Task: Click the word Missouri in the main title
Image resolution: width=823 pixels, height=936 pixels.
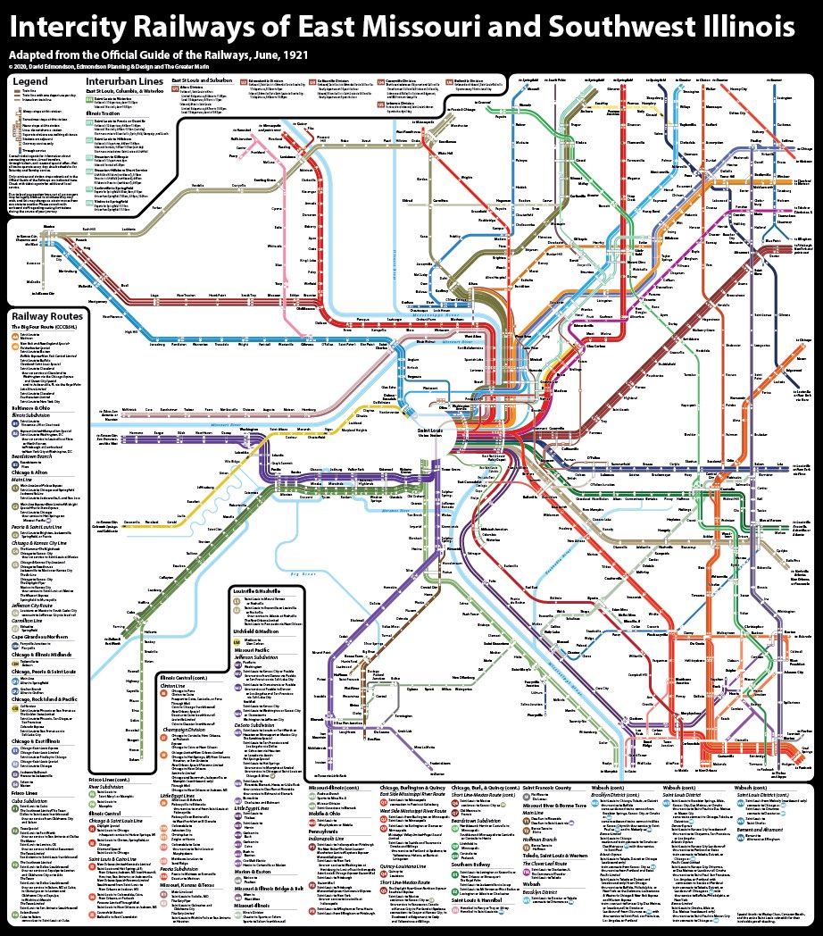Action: pos(408,26)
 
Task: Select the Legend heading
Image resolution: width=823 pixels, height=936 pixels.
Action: pos(29,81)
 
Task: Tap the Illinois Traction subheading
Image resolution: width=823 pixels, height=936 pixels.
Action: pos(105,114)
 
